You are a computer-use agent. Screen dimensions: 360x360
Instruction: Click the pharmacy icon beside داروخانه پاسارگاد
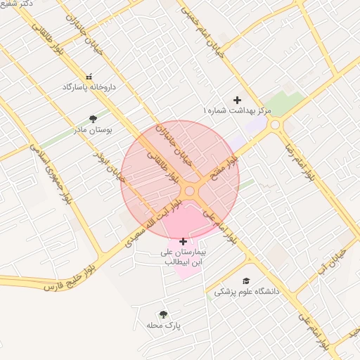click(x=89, y=77)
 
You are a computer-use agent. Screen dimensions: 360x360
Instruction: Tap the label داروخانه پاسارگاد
click(x=89, y=87)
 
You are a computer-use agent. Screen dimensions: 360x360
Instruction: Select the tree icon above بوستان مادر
click(x=93, y=118)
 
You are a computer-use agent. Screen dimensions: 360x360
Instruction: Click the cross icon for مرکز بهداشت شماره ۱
click(x=237, y=100)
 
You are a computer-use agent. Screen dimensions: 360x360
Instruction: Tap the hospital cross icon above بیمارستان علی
click(x=184, y=241)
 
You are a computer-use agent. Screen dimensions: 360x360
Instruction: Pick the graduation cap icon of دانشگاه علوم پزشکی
click(x=246, y=280)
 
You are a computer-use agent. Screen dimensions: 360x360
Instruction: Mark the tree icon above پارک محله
click(x=163, y=314)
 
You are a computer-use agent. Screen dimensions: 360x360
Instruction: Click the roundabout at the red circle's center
click(x=189, y=191)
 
